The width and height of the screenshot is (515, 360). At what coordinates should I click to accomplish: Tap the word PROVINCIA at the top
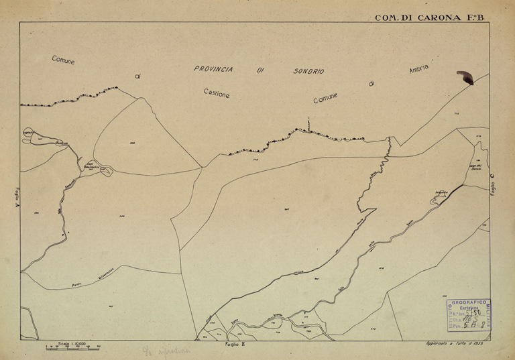click(x=213, y=69)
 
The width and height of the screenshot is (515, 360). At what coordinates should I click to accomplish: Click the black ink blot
click(x=464, y=78)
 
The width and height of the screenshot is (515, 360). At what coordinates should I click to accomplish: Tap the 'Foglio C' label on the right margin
click(x=492, y=184)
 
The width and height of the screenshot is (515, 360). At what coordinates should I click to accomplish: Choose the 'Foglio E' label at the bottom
click(x=235, y=344)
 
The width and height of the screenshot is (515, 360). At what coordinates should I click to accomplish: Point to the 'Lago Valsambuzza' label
click(x=90, y=165)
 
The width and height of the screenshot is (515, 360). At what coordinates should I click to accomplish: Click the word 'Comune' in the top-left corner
click(x=64, y=60)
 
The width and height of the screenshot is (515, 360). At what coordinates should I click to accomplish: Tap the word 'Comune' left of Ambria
click(x=326, y=98)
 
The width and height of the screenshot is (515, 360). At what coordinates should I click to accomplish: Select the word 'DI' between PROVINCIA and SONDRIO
click(x=260, y=70)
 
